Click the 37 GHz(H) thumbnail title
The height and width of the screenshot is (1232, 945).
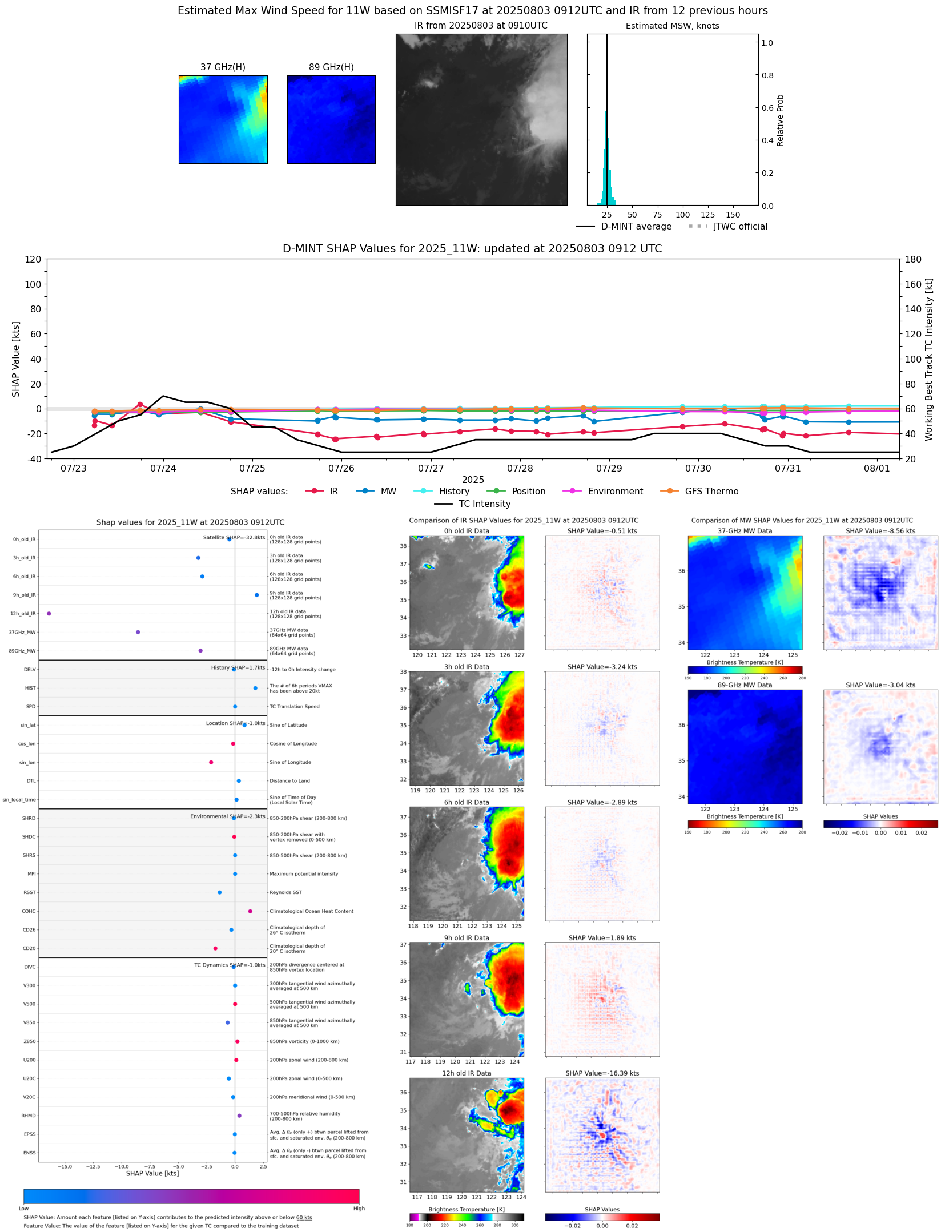tap(223, 67)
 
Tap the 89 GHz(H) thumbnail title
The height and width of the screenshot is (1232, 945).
tap(331, 67)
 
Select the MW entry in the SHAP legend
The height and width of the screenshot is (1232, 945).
tap(388, 491)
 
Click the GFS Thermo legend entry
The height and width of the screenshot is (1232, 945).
tap(711, 491)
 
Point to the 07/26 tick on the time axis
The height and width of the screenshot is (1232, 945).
tap(341, 468)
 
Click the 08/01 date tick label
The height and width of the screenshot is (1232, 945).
tap(876, 468)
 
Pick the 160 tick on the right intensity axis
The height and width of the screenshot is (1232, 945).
tap(913, 284)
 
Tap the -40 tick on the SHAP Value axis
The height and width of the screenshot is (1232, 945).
tap(33, 458)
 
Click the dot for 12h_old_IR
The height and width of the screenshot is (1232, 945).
tap(49, 614)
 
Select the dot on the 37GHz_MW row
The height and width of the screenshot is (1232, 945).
tap(138, 632)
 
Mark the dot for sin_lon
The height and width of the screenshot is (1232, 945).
tap(211, 762)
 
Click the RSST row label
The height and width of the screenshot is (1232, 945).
tap(29, 892)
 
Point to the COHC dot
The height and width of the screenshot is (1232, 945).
tap(250, 911)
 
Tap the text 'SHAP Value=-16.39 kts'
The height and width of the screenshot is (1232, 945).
tap(602, 1073)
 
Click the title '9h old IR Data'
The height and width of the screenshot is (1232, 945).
tap(467, 938)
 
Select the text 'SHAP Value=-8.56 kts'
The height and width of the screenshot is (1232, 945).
tap(880, 531)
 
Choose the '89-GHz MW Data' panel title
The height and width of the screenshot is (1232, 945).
tap(745, 685)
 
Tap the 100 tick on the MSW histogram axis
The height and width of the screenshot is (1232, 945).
tap(682, 215)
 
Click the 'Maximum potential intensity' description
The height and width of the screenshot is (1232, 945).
tap(304, 874)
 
